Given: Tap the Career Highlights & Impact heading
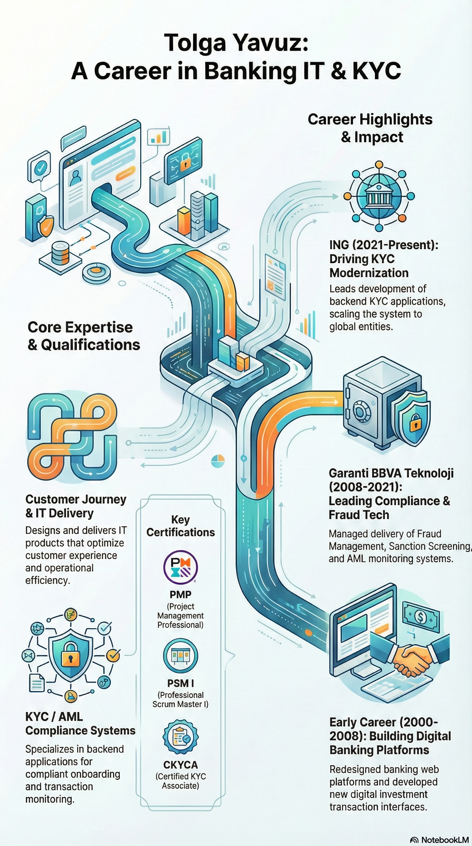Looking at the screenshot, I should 370,128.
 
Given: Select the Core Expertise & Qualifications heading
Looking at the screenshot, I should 84,336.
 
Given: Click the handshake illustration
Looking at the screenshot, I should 412,657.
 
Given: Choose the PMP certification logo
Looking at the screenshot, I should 180,567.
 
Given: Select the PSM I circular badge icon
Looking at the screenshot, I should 180,655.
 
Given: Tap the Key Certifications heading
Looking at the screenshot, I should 180,526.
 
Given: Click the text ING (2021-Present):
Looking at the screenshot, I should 384,245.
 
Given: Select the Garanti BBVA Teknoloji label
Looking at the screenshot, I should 391,473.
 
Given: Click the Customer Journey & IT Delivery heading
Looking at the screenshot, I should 76,506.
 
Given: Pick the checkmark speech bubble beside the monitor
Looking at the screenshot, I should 40,168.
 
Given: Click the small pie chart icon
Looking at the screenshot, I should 218,461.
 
